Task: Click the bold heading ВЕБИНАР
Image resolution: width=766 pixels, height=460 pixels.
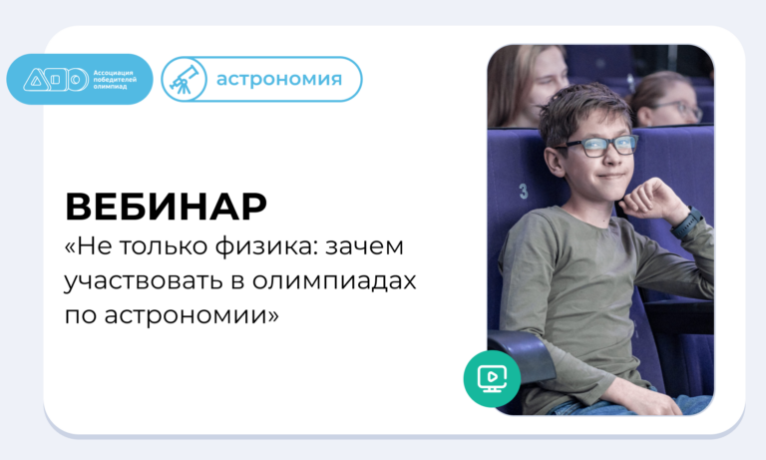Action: click(167, 207)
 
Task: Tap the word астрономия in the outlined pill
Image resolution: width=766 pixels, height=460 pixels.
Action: click(279, 79)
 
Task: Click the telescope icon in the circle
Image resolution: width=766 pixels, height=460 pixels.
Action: click(185, 79)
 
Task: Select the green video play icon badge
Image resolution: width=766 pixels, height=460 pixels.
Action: click(492, 378)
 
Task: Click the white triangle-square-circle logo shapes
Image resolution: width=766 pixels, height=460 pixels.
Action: click(56, 80)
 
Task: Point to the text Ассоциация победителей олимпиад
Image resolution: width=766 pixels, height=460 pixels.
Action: click(115, 80)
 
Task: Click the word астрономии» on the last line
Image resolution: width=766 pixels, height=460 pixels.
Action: click(191, 314)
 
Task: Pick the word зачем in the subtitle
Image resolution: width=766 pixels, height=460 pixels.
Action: click(364, 245)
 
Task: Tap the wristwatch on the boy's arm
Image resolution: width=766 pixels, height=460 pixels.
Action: click(686, 223)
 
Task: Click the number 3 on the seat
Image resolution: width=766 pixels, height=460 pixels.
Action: click(524, 192)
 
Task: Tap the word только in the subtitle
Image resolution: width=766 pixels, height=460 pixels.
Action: click(166, 246)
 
